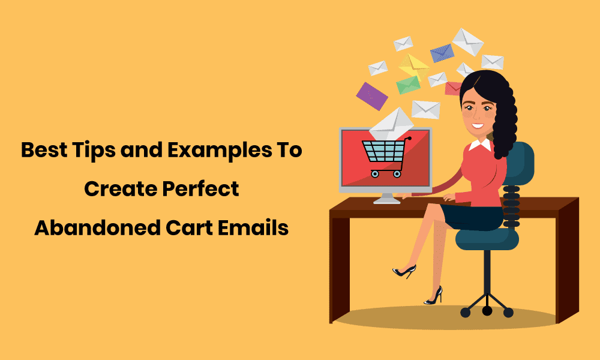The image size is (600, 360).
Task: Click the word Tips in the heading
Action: coord(94,150)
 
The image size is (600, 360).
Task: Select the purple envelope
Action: coord(372,96)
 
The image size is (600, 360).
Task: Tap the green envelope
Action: coord(408,85)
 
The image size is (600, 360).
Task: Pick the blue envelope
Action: coord(442,53)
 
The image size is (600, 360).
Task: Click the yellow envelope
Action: coord(414,66)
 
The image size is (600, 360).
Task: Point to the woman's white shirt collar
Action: coord(481,145)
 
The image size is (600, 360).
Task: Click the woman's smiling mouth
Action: coord(478,125)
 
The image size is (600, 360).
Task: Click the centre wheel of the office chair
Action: coord(487,311)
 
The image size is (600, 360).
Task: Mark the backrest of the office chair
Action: coord(518,163)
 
